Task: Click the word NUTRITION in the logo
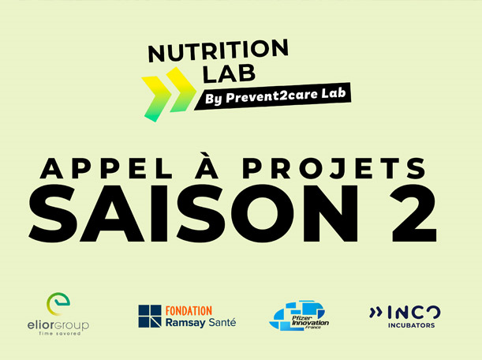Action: [x=219, y=51]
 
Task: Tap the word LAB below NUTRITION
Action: [x=229, y=74]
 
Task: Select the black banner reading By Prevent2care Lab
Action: [x=273, y=96]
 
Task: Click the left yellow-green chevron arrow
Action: [x=156, y=99]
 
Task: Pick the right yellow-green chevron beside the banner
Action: [x=181, y=89]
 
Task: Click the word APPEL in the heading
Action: [x=106, y=169]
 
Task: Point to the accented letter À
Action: [x=207, y=166]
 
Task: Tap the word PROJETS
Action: [x=334, y=169]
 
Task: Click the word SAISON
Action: [x=193, y=213]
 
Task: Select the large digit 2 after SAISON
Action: [x=413, y=213]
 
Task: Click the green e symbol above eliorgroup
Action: [x=58, y=304]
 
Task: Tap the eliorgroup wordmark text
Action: [x=58, y=325]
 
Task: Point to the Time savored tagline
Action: [x=59, y=333]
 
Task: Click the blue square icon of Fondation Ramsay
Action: [x=150, y=316]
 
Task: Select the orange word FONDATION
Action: [x=189, y=311]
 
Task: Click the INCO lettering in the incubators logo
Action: [x=414, y=313]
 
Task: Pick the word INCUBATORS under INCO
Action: [x=411, y=325]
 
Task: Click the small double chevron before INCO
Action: [x=376, y=313]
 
